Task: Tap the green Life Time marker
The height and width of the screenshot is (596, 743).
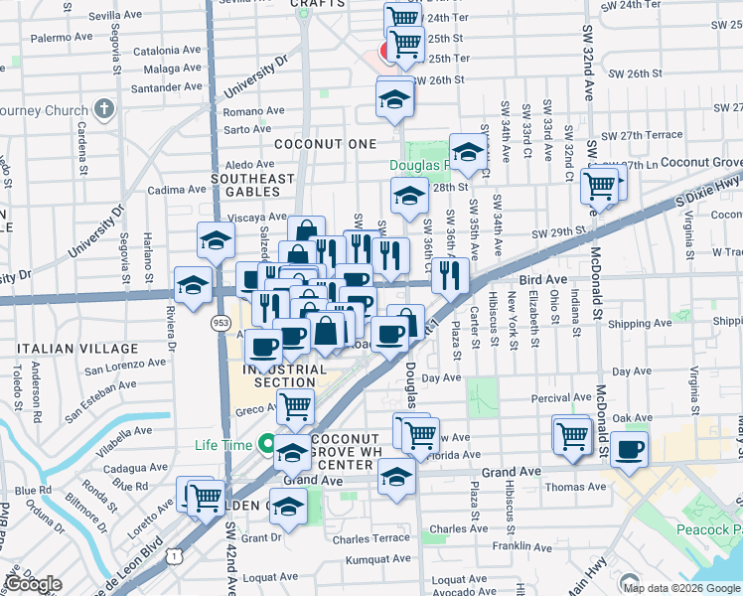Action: (265, 445)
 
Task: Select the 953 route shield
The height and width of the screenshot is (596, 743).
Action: (221, 323)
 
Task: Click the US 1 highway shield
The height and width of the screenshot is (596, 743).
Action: (175, 558)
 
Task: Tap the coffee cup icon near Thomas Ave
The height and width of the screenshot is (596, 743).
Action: (629, 449)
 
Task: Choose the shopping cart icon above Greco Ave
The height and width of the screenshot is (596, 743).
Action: (295, 404)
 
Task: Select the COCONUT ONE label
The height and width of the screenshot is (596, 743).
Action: (325, 144)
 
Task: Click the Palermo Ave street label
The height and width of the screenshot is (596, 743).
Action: (61, 37)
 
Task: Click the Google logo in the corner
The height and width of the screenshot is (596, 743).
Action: (33, 584)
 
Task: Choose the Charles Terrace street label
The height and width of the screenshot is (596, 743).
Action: (371, 538)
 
